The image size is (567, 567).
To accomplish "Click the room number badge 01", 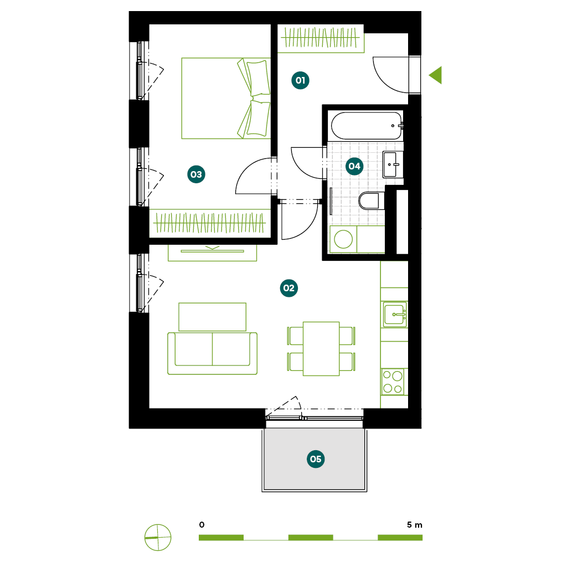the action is tap(300, 80).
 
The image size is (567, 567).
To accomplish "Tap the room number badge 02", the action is tap(288, 288).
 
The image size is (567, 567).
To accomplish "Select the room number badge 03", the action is tap(196, 174).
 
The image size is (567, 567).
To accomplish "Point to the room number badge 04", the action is tap(354, 166).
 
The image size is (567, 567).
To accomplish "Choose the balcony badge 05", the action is tap(315, 459).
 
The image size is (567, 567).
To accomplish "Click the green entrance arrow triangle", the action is tap(437, 75).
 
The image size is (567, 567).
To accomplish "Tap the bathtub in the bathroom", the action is tap(367, 126).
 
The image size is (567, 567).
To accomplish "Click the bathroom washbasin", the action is tap(393, 165).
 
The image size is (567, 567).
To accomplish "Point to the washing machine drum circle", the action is tap(343, 239).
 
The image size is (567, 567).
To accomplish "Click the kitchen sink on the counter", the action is tap(395, 315).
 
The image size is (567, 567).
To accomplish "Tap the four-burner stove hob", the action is tap(393, 382).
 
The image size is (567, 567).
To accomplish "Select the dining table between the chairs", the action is tap(321, 349).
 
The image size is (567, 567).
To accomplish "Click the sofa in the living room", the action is tap(212, 353).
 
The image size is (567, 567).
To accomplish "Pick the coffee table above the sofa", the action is tap(212, 317).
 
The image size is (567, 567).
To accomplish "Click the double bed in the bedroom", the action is tap(226, 99).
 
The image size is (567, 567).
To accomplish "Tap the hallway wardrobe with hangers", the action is tap(321, 38).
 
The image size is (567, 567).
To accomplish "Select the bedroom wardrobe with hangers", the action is tap(210, 223).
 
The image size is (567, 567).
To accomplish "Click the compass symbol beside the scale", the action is tap(158, 537).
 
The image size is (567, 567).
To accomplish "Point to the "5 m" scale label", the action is tap(414, 525).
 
